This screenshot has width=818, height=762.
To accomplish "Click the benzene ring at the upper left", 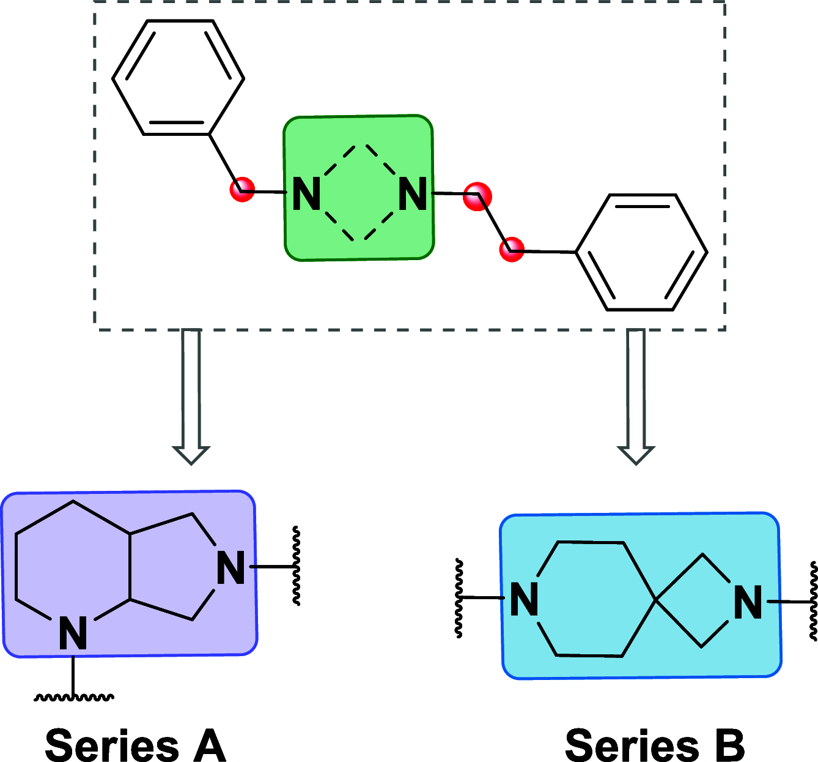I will [178, 78].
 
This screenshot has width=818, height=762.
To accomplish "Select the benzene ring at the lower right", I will [641, 252].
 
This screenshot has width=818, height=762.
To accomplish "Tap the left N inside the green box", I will [307, 195].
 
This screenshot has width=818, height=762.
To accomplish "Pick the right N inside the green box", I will [413, 195].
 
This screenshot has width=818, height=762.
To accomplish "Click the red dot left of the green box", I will [242, 189].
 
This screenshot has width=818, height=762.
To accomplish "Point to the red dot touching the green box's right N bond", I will [477, 196].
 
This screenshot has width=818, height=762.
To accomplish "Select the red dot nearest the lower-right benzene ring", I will [512, 250].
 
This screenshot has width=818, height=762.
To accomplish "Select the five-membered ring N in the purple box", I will [231, 569].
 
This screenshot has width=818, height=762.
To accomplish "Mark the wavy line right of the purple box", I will [297, 566].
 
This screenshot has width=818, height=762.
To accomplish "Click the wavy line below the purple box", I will [73, 697].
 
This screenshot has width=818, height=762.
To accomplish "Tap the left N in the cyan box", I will [524, 599].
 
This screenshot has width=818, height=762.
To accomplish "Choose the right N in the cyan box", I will [748, 602].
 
